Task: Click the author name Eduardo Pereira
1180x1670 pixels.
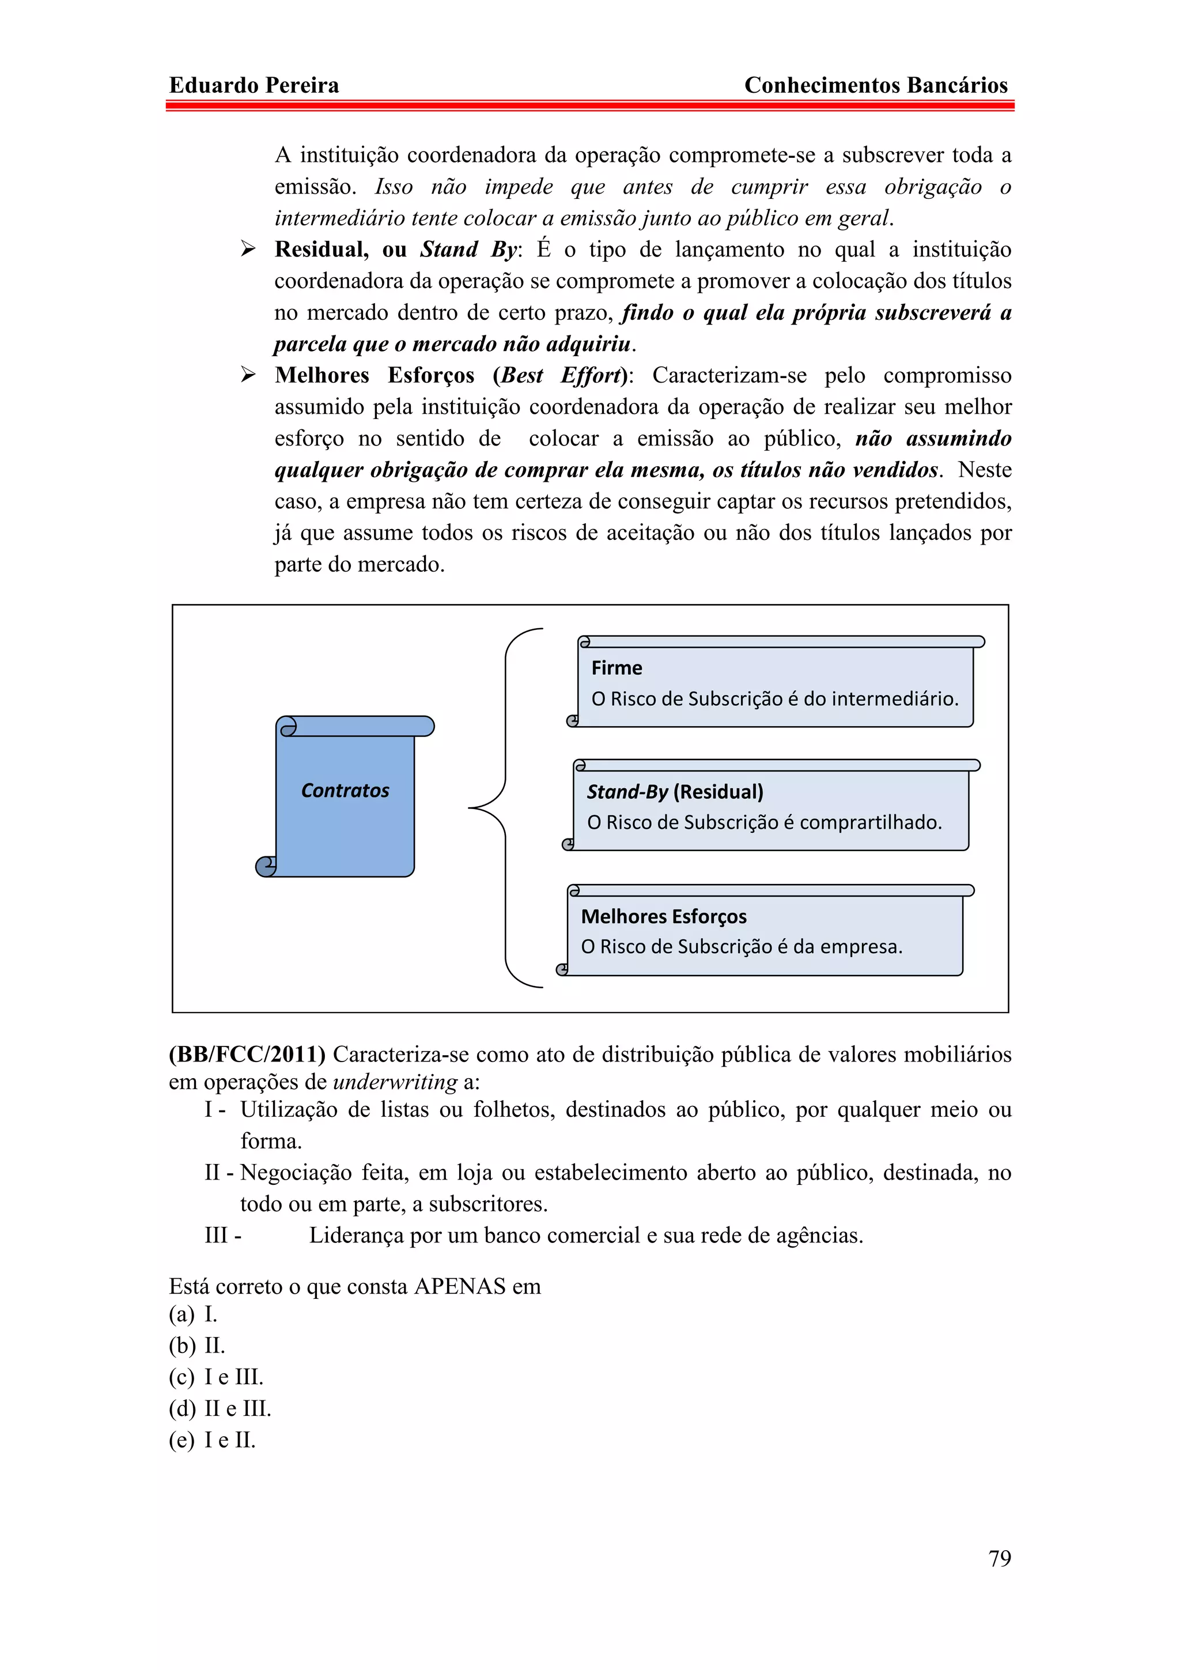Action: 254,85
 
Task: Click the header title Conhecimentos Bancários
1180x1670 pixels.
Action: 875,85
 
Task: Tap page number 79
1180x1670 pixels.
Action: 999,1558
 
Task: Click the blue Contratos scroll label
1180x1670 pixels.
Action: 345,791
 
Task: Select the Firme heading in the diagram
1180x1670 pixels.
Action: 617,668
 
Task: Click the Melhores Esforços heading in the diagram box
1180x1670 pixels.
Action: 663,916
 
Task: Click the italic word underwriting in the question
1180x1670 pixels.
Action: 395,1082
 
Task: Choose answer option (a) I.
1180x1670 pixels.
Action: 194,1314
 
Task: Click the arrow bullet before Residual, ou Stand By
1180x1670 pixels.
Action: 248,250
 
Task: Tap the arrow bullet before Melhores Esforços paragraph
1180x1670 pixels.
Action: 248,375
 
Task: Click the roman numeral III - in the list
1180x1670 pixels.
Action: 222,1235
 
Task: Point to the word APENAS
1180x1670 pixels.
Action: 459,1286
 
